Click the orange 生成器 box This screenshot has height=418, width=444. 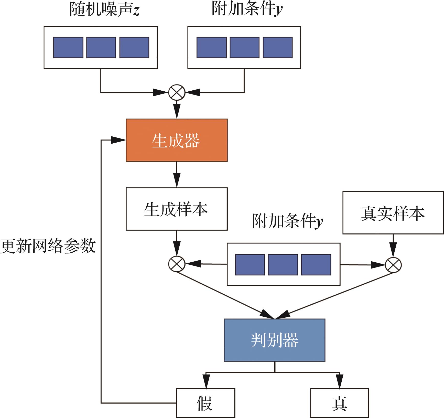coord(177,140)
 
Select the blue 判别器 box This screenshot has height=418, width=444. coord(275,340)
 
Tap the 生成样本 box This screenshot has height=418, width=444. coord(177,209)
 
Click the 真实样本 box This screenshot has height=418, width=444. coord(393,213)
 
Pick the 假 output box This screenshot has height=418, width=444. coord(205,403)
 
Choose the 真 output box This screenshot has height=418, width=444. coord(340,403)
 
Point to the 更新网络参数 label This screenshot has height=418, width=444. coord(48,246)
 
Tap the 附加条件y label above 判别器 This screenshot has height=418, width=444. coord(287,221)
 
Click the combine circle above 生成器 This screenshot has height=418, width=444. coord(177,92)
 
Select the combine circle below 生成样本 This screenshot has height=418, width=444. coord(177,264)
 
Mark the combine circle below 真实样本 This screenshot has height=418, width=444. coord(393,265)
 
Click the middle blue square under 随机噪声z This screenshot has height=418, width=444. coord(101,47)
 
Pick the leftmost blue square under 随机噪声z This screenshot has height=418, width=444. coord(68,47)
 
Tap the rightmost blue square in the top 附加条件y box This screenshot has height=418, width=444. coord(278,47)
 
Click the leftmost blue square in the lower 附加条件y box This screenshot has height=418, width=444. coord(250,265)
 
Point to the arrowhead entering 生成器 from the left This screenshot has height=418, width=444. coord(118,140)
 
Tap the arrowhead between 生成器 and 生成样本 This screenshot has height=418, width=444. coord(177,180)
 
